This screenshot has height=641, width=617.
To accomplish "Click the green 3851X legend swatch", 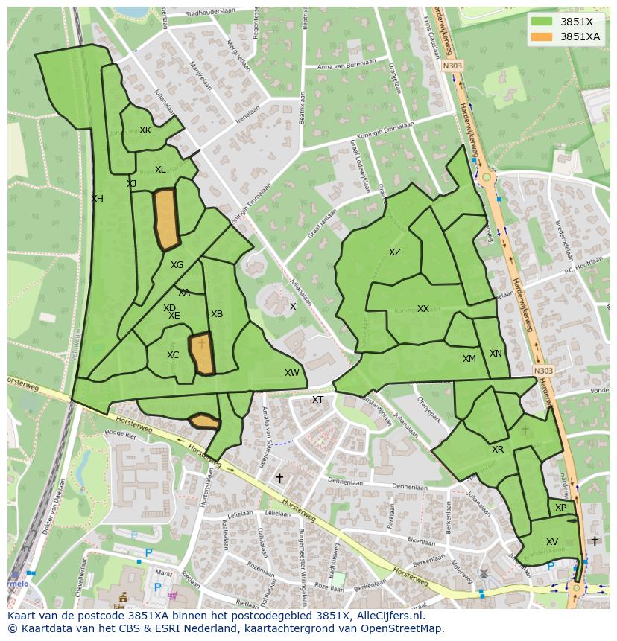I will click(x=542, y=22).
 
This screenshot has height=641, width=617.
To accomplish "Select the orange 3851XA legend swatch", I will click(x=542, y=36).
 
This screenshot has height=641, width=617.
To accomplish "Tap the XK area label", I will click(x=145, y=130).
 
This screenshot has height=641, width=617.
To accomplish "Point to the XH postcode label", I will click(x=97, y=199).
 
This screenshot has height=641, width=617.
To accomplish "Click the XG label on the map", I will click(x=177, y=265).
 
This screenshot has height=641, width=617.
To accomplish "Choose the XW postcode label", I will click(x=291, y=373).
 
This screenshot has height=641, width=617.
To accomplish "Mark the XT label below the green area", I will click(x=317, y=400).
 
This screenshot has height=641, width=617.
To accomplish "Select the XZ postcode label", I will click(x=395, y=252).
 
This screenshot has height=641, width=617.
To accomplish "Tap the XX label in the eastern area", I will click(x=423, y=309).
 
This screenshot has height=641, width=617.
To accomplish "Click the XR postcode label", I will click(x=498, y=450).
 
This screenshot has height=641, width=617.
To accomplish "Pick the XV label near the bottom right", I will click(x=551, y=542).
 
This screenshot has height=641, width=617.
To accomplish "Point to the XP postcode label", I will click(x=560, y=508).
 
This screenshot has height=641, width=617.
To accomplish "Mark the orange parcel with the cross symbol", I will click(x=201, y=354).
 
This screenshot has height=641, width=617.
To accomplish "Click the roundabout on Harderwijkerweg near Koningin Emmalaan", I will click(x=486, y=177).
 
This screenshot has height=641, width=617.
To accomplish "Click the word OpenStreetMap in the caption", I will click(x=403, y=628).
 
